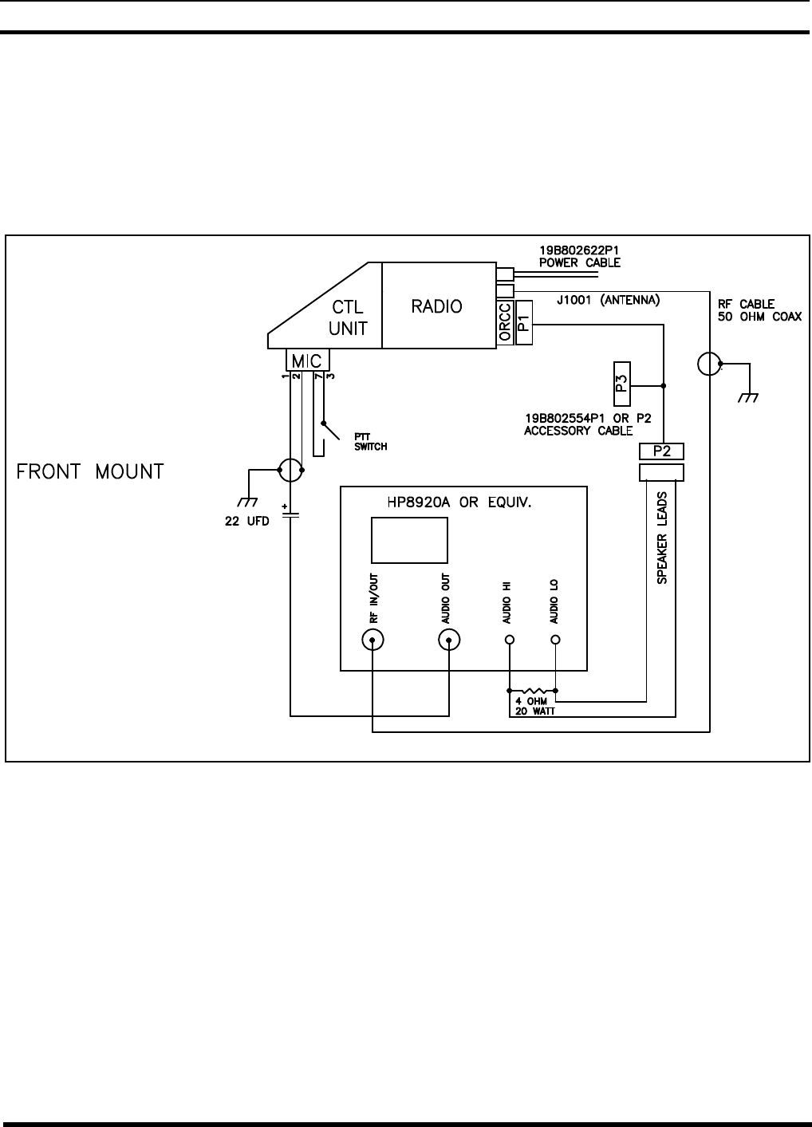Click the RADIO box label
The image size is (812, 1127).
click(436, 305)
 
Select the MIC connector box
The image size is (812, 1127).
click(307, 361)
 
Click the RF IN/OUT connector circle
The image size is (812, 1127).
click(372, 640)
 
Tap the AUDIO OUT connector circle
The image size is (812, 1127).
click(450, 640)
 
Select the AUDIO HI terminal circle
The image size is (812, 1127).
click(510, 640)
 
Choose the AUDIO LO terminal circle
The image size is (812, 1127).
click(556, 640)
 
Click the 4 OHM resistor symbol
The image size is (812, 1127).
click(533, 690)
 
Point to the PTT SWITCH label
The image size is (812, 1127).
click(371, 442)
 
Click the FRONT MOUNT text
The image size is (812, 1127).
click(90, 471)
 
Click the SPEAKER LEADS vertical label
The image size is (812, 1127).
click(662, 538)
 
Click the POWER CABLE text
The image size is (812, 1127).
click(580, 263)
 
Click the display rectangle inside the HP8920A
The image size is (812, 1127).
click(409, 540)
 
